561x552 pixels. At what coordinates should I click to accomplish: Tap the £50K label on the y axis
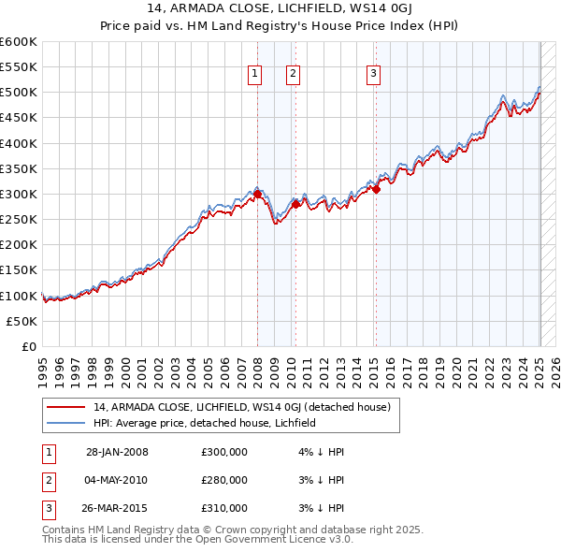click(x=22, y=321)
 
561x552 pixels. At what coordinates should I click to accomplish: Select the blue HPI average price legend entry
click(x=205, y=423)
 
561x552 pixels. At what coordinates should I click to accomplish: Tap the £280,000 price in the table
click(x=224, y=480)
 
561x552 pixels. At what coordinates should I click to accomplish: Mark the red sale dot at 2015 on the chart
click(x=376, y=189)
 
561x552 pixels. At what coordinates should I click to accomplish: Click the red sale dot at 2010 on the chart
click(x=295, y=204)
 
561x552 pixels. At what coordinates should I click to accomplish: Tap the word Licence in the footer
click(x=303, y=540)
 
